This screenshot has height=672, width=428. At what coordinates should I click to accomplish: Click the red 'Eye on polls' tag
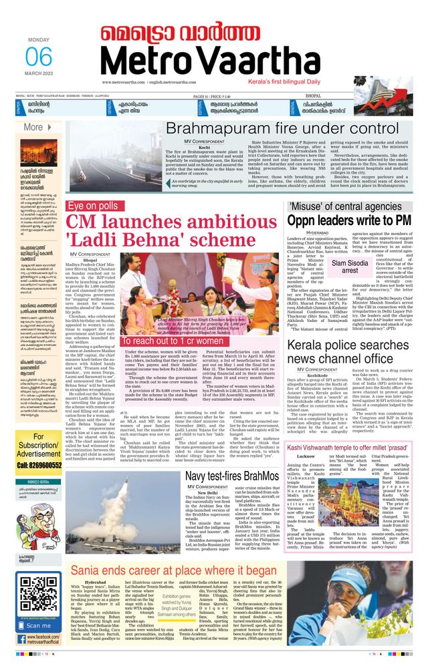click(x=93, y=206)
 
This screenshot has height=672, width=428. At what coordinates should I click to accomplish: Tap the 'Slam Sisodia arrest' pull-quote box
click(x=350, y=267)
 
